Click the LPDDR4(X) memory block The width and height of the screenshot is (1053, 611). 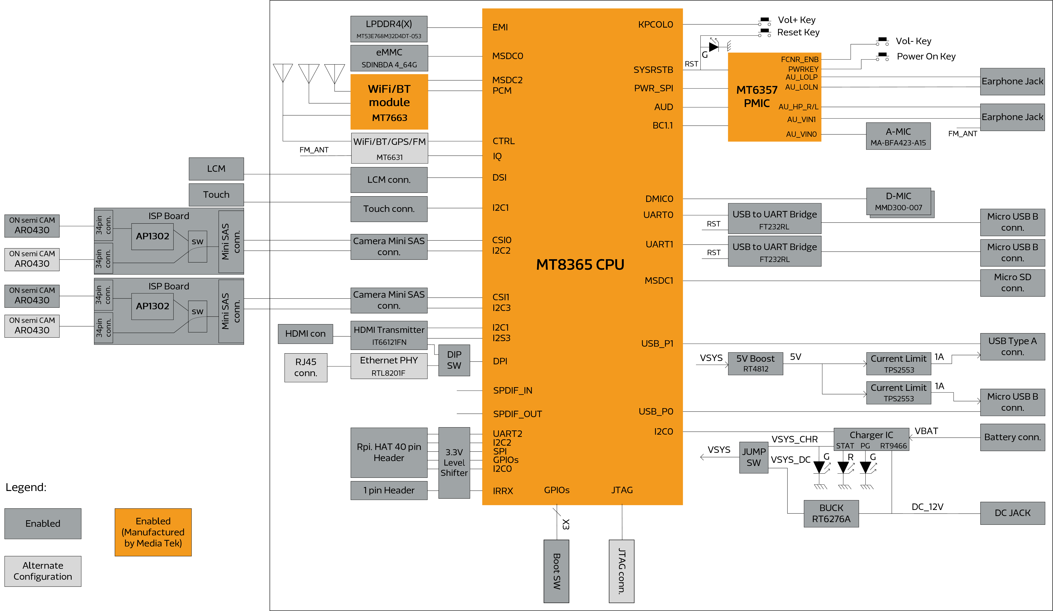[389, 29]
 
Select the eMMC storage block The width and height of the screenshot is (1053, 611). [389, 58]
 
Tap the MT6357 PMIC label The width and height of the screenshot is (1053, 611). [757, 96]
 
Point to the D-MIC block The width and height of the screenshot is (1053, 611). [898, 201]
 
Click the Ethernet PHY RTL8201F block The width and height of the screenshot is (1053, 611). [389, 366]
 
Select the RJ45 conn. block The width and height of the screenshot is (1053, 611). [306, 367]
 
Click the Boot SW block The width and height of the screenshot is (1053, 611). [556, 571]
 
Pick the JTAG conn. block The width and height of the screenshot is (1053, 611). [621, 571]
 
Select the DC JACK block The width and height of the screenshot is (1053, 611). [1012, 513]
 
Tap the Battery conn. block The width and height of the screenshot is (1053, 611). [1012, 437]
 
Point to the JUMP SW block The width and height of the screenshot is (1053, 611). [753, 457]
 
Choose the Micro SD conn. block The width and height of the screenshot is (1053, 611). [1012, 283]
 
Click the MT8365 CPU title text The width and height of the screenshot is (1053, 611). [580, 265]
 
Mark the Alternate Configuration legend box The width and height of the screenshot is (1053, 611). [43, 571]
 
